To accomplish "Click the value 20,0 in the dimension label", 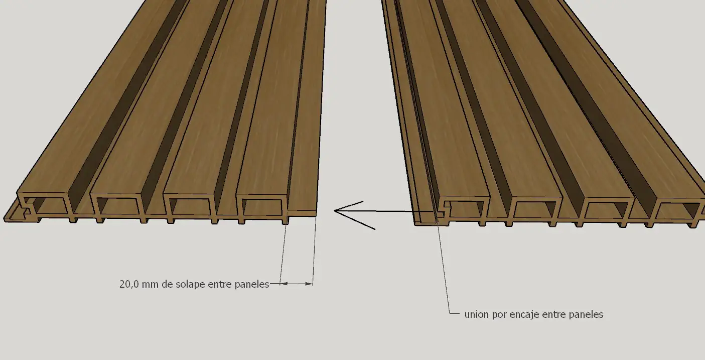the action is tap(129, 284).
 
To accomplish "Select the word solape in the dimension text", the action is tap(190, 284).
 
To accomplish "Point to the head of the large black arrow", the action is tap(335, 211).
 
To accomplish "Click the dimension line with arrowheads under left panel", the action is tap(296, 284).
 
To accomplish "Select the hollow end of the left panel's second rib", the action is tap(118, 206).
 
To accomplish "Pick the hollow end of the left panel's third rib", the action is tap(191, 207).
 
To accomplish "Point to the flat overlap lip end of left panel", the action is tap(302, 213).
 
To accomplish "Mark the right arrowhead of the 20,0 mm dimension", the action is tap(309, 284).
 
